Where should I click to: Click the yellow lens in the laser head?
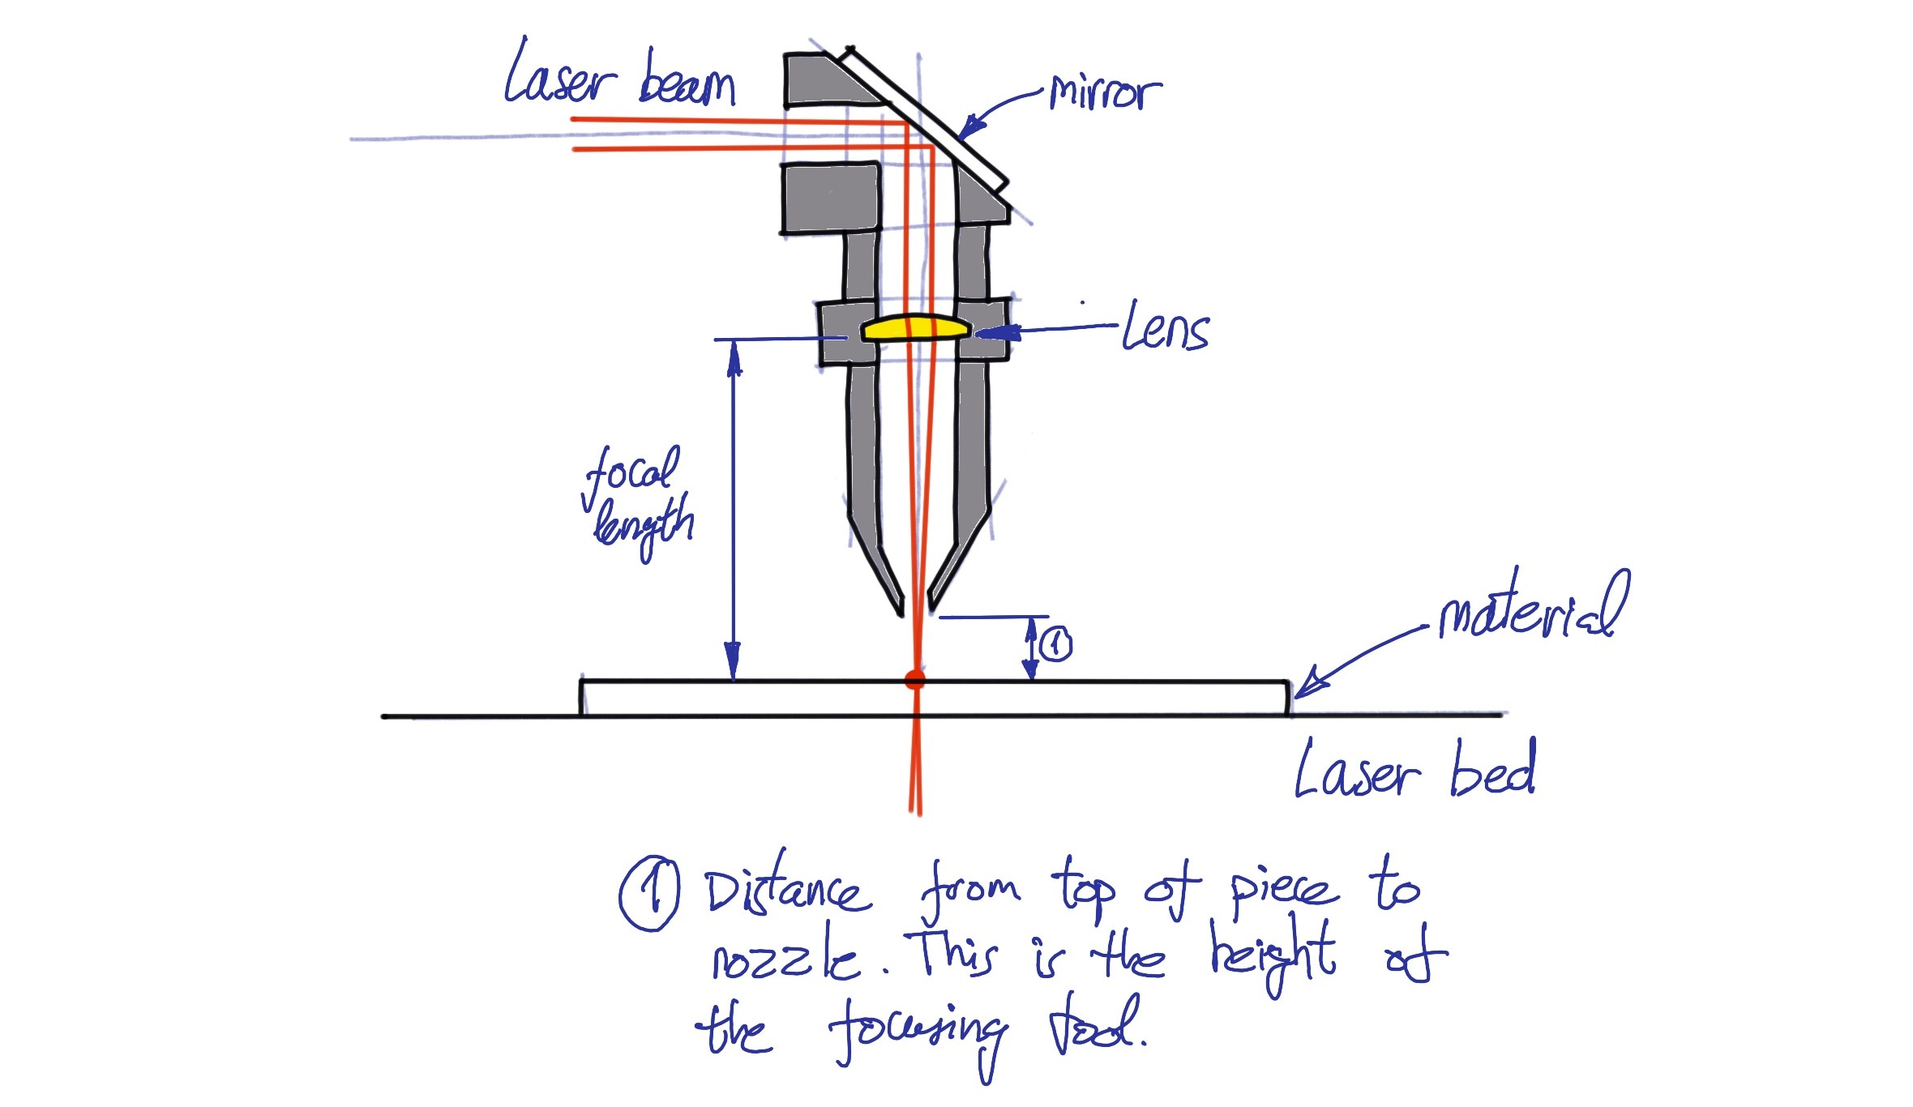click(x=915, y=327)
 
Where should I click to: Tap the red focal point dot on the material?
click(x=915, y=680)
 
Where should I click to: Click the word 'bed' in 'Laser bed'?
click(x=1492, y=769)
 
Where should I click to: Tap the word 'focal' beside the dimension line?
click(x=631, y=472)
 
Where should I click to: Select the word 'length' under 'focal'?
click(x=644, y=525)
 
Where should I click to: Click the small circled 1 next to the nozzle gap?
click(x=1055, y=645)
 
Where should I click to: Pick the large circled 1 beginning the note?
click(x=649, y=895)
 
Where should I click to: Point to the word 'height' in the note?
click(x=1272, y=956)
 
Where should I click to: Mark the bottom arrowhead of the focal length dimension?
click(x=733, y=661)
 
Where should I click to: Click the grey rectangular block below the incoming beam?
click(x=830, y=199)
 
